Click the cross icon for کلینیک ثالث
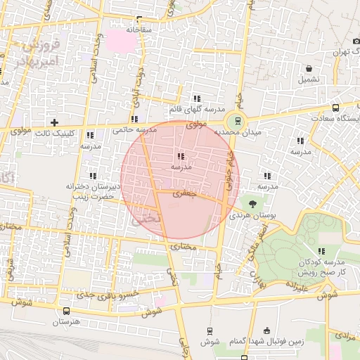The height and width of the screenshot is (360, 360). tap(54, 122)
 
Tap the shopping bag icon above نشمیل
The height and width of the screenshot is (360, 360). tap(309, 68)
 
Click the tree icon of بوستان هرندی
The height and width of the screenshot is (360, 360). tap(253, 203)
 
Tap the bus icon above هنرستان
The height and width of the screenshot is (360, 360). tap(66, 311)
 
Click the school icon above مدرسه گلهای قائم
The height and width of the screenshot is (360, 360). tap(196, 98)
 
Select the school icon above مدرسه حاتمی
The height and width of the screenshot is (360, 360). tap(134, 119)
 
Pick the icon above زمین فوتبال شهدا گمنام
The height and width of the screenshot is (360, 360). tap(266, 331)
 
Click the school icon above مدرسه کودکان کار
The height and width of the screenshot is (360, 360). tap(321, 251)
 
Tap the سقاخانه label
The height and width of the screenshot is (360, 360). tap(139, 30)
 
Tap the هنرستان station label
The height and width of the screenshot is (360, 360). tap(66, 322)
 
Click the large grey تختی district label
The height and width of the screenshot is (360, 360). tap(146, 219)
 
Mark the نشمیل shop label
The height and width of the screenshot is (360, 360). tap(309, 79)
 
